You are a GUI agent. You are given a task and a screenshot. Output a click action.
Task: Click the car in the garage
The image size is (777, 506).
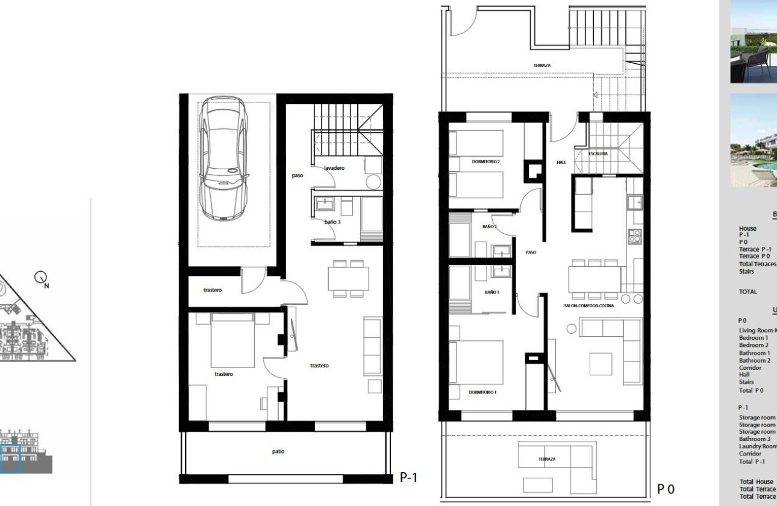point(223,159)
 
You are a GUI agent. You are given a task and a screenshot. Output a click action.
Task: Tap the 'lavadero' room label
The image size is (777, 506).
point(334,168)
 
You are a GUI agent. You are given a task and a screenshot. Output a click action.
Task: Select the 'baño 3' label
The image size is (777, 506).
point(332,222)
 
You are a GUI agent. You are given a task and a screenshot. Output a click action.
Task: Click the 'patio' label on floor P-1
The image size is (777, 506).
point(278,451)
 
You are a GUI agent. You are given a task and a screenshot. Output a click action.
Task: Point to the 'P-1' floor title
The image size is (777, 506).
point(408,478)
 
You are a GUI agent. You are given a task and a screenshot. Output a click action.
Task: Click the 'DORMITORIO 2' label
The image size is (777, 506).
point(486,161)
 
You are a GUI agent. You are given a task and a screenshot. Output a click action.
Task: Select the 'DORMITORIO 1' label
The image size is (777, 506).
point(482,392)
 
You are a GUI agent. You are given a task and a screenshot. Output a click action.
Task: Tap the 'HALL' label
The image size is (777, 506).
point(561,162)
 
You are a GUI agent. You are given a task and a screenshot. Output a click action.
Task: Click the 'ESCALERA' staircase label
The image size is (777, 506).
point(598,154)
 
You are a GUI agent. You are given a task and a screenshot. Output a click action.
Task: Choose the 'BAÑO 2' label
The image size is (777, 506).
point(489,226)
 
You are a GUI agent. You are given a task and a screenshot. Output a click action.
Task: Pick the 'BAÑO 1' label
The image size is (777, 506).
point(491,292)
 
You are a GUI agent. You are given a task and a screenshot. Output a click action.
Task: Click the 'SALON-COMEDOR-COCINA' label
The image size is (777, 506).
point(588,307)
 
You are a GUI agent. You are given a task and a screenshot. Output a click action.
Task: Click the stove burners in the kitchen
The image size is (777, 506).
point(635,236)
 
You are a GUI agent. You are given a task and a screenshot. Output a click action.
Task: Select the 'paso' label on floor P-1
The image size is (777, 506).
point(297,175)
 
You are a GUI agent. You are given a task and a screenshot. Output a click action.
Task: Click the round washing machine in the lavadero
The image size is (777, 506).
point(374,183)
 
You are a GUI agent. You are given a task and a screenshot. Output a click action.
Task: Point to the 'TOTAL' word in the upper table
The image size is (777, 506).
point(748,292)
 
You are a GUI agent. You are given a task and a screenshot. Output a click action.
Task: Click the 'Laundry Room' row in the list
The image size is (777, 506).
point(758,446)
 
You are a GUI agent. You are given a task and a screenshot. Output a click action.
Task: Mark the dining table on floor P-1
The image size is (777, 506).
point(348,278)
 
